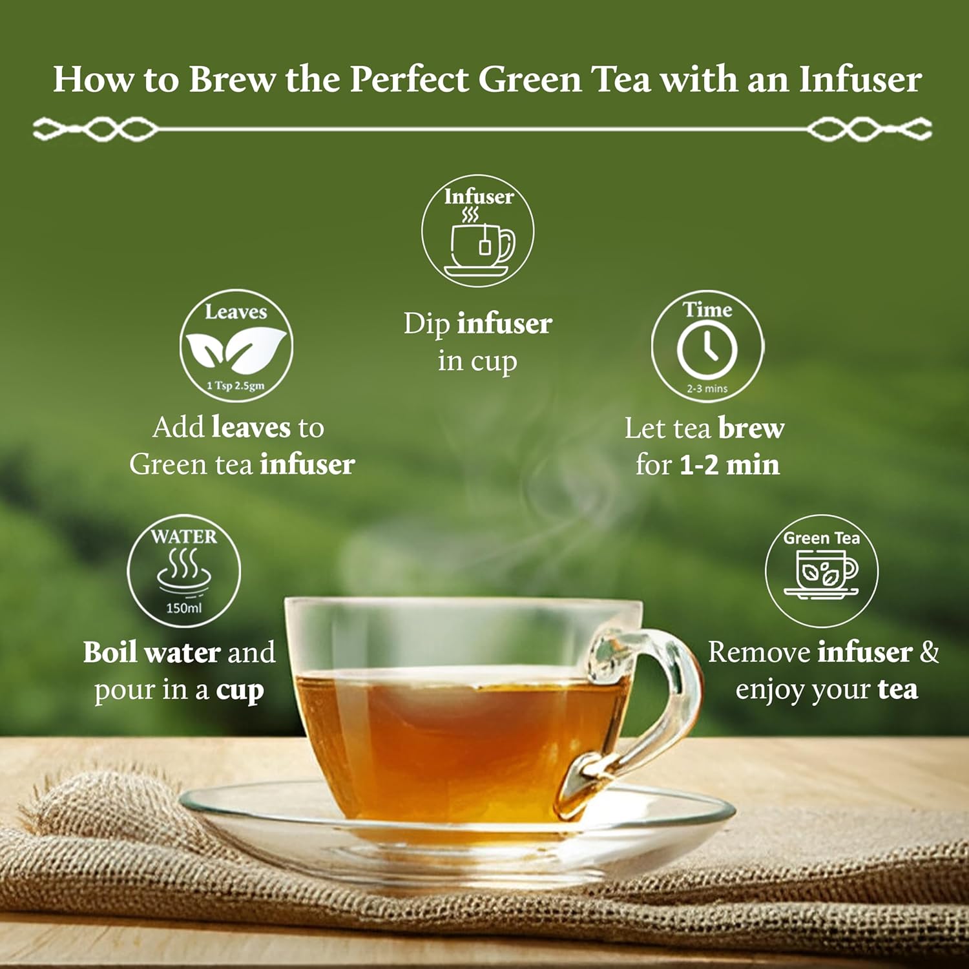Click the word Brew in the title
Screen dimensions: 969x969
pos(232,79)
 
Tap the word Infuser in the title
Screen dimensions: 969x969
pos(860,79)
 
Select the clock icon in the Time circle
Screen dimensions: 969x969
pos(707,349)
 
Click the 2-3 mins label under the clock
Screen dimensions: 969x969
pos(707,389)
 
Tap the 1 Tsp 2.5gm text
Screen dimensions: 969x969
pos(236,386)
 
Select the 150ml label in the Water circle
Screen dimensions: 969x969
pos(184,608)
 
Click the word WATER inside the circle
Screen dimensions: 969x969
pos(184,536)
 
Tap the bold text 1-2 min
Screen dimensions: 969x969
pos(729,465)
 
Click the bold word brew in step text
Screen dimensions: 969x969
pos(751,428)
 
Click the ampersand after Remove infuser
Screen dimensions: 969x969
pos(930,652)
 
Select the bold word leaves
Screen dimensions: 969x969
pos(251,427)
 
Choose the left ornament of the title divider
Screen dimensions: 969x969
pos(95,129)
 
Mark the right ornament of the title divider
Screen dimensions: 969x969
pos(870,129)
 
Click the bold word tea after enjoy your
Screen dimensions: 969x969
pos(898,689)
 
